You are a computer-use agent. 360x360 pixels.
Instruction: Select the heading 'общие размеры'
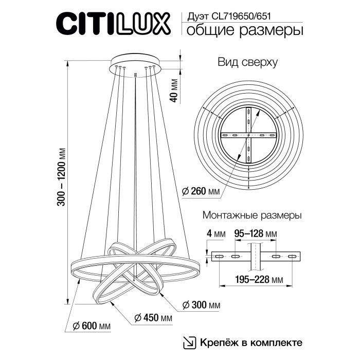pyautogui.click(x=244, y=31)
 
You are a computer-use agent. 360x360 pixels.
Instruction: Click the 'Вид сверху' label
pyautogui.click(x=247, y=63)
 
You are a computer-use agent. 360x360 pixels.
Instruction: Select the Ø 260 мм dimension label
pyautogui.click(x=201, y=192)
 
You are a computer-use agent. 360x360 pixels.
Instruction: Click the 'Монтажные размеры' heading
pyautogui.click(x=252, y=215)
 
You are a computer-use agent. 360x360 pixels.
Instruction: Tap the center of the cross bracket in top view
pyautogui.click(x=249, y=135)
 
